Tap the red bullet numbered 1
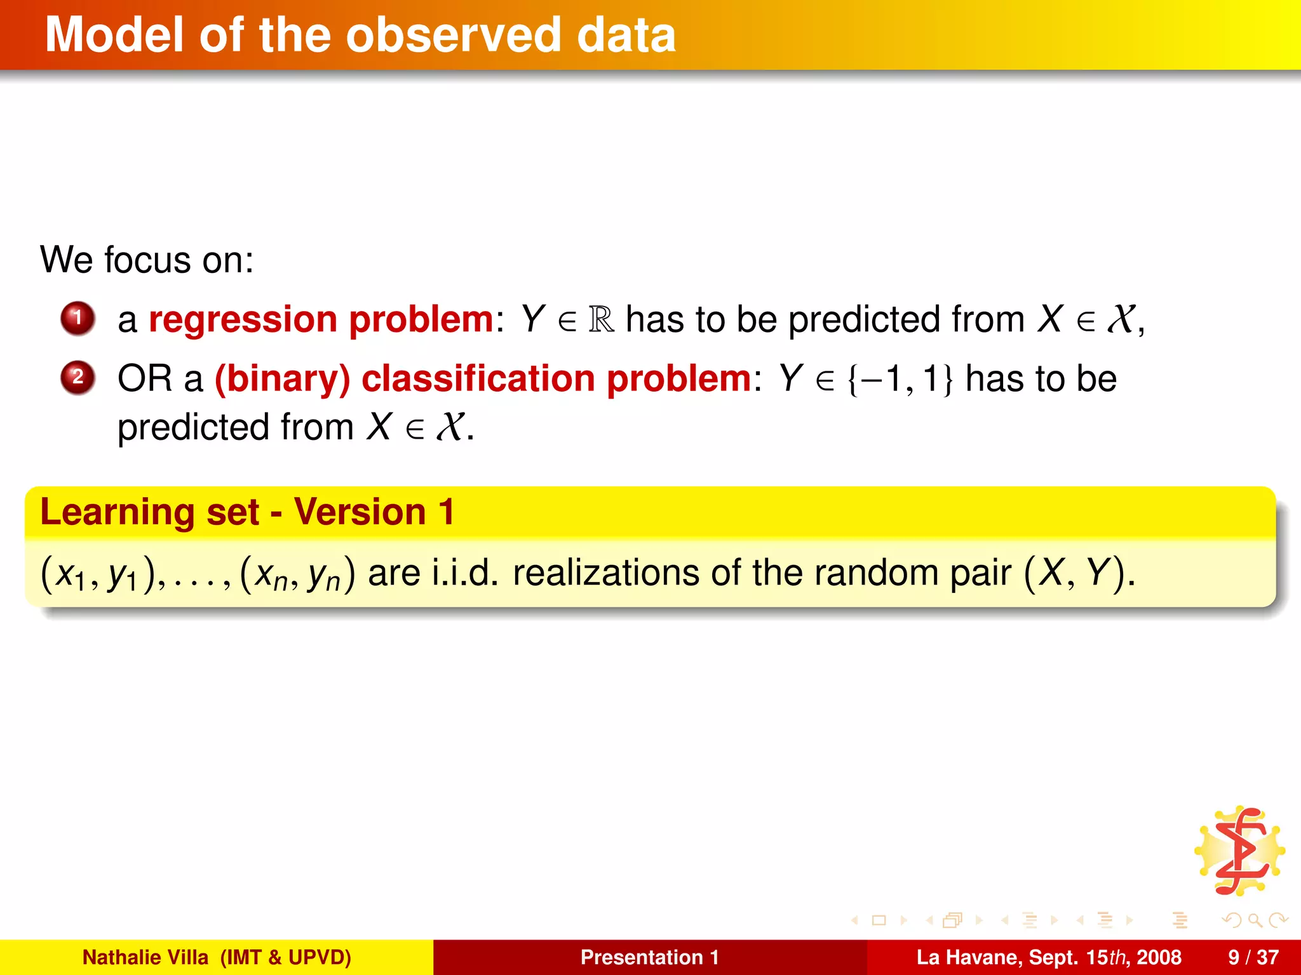78,318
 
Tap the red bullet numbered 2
78,378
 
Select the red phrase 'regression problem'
321,319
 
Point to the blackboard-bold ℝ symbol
601,319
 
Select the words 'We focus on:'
147,260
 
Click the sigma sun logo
1239,851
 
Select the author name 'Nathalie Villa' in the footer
145,957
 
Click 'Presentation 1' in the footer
649,957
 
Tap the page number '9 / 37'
1253,957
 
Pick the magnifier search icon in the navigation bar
1254,920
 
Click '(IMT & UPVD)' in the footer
285,957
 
